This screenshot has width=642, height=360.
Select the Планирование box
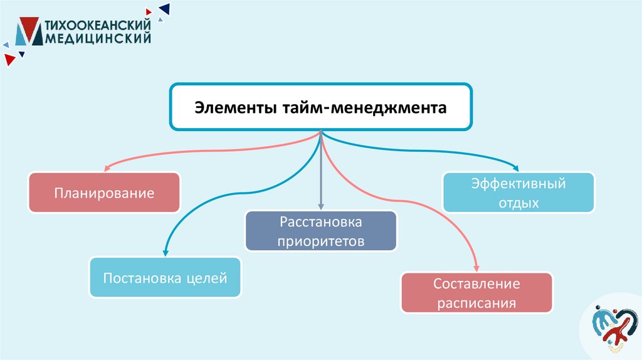104,193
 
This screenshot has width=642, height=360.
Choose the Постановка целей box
165,277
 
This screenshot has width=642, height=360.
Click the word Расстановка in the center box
321,223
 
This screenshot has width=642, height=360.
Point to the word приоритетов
321,241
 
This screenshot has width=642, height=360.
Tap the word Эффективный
518,184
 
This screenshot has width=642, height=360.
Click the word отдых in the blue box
518,203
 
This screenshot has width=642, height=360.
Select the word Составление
476,283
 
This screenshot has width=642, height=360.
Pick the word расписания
476,304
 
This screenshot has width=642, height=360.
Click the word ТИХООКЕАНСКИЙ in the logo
100,25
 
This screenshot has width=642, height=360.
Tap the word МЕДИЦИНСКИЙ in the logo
98,38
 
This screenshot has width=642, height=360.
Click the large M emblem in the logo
28,31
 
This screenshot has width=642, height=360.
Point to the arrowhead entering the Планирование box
107,167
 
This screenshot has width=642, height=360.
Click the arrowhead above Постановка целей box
165,252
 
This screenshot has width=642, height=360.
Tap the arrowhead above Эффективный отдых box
516,167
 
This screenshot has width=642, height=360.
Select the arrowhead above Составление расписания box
476,267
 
